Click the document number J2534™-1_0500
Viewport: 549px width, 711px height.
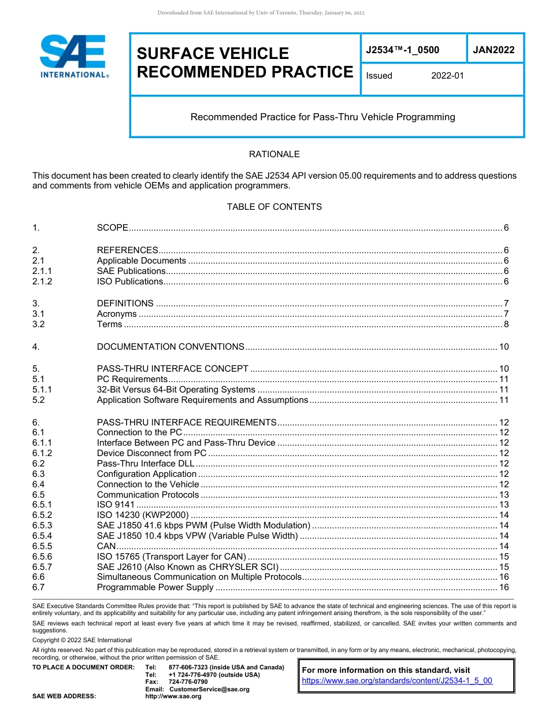tap(402, 50)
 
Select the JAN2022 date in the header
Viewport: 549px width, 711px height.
tap(494, 50)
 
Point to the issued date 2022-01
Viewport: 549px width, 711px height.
tap(447, 76)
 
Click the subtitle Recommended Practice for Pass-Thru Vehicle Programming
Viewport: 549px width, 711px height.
tap(322, 117)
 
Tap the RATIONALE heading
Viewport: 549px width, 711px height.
tap(274, 154)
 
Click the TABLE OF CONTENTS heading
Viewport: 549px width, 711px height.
tap(274, 207)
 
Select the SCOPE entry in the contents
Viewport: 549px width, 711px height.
tap(112, 228)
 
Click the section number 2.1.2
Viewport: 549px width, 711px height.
tap(42, 282)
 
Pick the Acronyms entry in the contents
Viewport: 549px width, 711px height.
tap(117, 314)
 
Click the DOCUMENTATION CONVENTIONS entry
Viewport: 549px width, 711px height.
tap(170, 347)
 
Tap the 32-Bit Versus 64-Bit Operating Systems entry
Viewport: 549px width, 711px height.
tap(176, 390)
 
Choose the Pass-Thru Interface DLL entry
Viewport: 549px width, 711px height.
tap(146, 464)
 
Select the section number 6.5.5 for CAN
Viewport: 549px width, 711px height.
tap(42, 546)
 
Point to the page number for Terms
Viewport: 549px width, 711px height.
tap(506, 324)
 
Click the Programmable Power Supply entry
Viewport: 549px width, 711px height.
tap(155, 588)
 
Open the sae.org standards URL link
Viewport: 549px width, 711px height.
tap(397, 681)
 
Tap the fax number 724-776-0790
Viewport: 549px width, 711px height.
tap(188, 682)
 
